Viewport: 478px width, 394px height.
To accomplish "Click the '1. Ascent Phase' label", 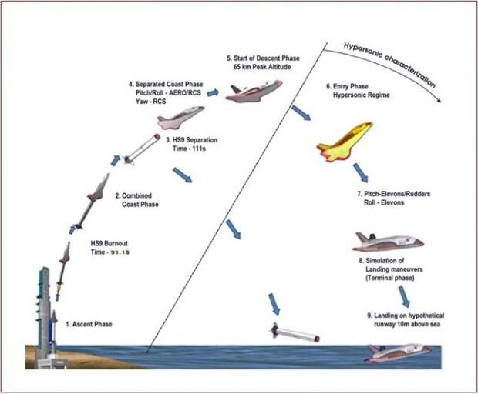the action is click(x=89, y=324).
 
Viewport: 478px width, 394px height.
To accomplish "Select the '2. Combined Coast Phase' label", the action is click(x=136, y=200).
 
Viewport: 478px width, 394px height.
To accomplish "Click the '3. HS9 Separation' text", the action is click(x=191, y=140).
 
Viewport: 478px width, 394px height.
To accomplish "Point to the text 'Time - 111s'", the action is click(x=189, y=149).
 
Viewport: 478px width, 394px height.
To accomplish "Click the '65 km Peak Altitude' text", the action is click(x=262, y=67).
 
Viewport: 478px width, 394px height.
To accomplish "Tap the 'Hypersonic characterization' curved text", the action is click(x=389, y=64).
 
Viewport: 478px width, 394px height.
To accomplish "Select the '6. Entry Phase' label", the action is click(x=347, y=86).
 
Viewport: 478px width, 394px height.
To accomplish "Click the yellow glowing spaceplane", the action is click(x=345, y=141).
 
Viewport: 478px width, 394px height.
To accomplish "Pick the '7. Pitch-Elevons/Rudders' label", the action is click(x=393, y=194).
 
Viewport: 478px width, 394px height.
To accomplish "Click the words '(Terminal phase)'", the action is click(x=390, y=278).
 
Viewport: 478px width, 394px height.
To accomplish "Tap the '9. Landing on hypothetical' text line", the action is click(x=406, y=316).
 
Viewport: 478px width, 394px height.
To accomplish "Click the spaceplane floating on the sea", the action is click(x=398, y=352).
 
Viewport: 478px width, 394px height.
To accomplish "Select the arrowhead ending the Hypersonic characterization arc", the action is click(x=439, y=100).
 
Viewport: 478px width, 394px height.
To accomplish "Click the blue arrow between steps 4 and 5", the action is click(x=213, y=92).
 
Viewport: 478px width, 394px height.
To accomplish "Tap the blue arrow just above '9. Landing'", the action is click(x=404, y=297).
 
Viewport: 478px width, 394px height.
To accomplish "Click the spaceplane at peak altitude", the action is click(x=254, y=91).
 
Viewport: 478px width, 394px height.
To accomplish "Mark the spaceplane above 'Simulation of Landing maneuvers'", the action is click(x=388, y=242).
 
